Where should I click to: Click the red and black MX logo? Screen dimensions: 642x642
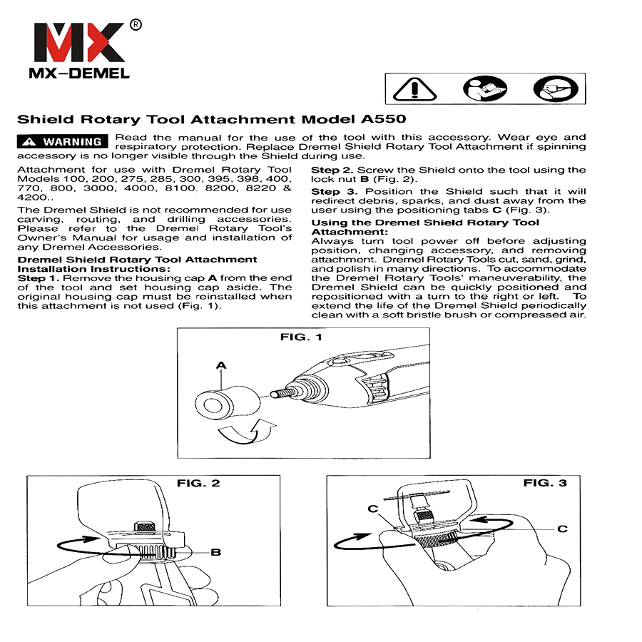pyautogui.click(x=79, y=43)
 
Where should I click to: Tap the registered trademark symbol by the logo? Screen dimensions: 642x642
pyautogui.click(x=136, y=25)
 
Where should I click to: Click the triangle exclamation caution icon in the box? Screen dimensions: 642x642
pyautogui.click(x=414, y=89)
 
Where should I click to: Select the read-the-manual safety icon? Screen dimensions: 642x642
pyautogui.click(x=485, y=88)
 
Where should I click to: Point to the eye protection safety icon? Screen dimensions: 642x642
pyautogui.click(x=556, y=88)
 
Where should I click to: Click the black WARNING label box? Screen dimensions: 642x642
pyautogui.click(x=63, y=141)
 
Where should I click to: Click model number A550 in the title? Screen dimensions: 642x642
pyautogui.click(x=384, y=119)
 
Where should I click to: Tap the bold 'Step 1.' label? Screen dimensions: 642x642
pyautogui.click(x=39, y=278)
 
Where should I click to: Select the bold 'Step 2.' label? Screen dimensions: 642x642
pyautogui.click(x=332, y=170)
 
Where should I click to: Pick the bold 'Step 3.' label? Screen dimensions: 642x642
pyautogui.click(x=334, y=192)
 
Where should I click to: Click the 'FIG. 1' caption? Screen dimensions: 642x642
pyautogui.click(x=301, y=337)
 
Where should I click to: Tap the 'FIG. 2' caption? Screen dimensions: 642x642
pyautogui.click(x=198, y=483)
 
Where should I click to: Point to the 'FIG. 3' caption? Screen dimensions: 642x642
pyautogui.click(x=545, y=483)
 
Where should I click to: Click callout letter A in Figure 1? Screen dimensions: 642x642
pyautogui.click(x=221, y=365)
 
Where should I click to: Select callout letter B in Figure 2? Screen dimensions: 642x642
pyautogui.click(x=215, y=552)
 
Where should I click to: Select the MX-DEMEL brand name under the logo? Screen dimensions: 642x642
pyautogui.click(x=79, y=73)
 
